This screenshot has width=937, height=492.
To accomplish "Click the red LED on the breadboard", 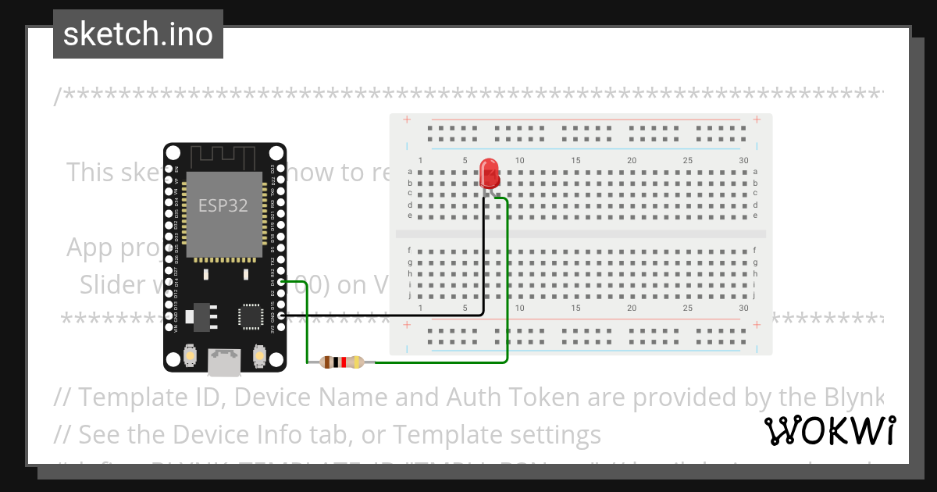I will tap(490, 172).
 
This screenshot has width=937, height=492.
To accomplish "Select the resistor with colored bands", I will tap(342, 362).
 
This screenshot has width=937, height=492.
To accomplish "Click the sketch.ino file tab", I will tap(138, 34).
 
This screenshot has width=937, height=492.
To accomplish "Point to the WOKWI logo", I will tap(829, 431).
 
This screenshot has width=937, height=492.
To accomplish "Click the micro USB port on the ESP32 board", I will tap(223, 361).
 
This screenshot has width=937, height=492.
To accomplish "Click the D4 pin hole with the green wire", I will tap(281, 282).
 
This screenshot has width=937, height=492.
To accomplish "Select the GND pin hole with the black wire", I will tap(281, 316).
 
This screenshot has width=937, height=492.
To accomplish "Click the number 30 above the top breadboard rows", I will tap(743, 161).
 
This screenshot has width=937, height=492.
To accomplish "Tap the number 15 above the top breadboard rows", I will tap(575, 161).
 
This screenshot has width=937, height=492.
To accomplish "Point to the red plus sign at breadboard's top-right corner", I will tap(757, 119).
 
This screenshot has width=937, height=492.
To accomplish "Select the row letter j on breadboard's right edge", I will tap(755, 296).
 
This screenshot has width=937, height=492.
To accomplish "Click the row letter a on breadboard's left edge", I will tap(409, 172).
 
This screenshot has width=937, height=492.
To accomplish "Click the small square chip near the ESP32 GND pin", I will tap(251, 317).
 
